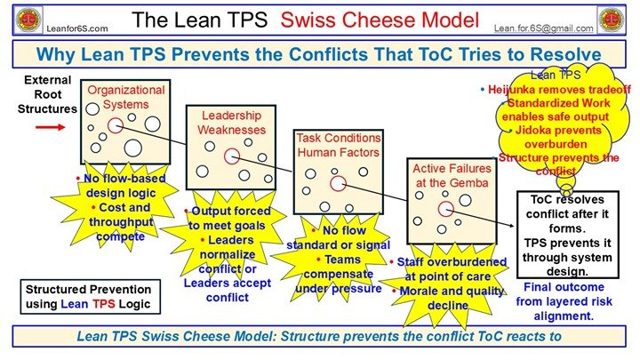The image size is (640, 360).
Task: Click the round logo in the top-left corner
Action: pos(18,17)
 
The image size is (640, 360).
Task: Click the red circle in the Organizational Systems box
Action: pos(116,125)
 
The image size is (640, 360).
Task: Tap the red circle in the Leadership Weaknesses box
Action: pos(231,156)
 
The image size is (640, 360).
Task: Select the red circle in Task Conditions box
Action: pos(338,183)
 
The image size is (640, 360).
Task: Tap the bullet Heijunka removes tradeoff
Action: pos(550,91)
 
